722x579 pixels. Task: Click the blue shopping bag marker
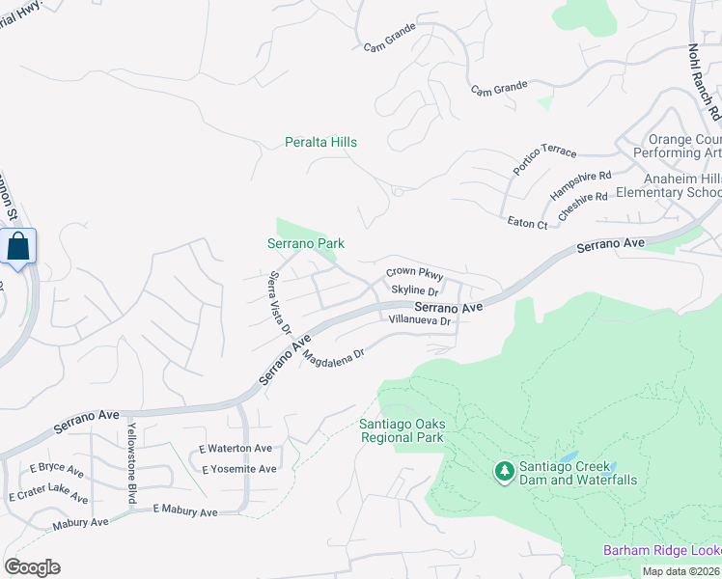[x=18, y=247]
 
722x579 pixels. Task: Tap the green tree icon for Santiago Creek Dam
[x=503, y=472]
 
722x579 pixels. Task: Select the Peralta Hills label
[x=320, y=142]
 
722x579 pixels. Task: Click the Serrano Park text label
[x=306, y=244]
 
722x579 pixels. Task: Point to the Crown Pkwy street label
[x=414, y=274]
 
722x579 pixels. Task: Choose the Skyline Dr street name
[x=415, y=290]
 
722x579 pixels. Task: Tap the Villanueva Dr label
[x=420, y=319]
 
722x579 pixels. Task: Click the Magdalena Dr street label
[x=333, y=355]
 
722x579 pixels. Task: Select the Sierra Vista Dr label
[x=279, y=303]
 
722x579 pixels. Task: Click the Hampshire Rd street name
[x=581, y=181]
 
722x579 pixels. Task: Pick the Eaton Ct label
[x=527, y=224]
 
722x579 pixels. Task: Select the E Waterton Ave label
[x=236, y=449]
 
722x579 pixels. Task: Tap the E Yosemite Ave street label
[x=238, y=469]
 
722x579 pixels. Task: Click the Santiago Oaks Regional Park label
[x=402, y=430]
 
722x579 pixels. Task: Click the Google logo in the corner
[x=32, y=567]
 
